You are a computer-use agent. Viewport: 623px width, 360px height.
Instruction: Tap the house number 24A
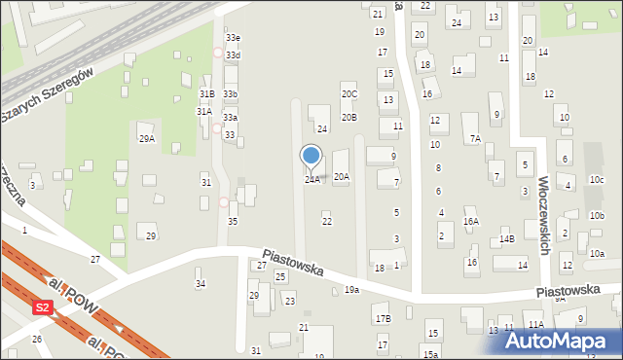pyautogui.click(x=311, y=180)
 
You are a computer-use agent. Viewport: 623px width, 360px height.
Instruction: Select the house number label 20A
pyautogui.click(x=341, y=177)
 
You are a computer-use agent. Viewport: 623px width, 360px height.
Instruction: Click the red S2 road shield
pyautogui.click(x=42, y=307)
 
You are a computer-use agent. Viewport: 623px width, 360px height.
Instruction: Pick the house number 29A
pyautogui.click(x=147, y=139)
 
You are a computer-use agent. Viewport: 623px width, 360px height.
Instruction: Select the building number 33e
pyautogui.click(x=233, y=37)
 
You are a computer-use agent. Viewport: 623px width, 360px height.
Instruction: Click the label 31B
pyautogui.click(x=206, y=93)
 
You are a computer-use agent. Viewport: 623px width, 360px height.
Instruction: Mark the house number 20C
pyautogui.click(x=348, y=94)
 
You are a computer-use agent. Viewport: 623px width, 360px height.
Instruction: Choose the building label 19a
pyautogui.click(x=351, y=290)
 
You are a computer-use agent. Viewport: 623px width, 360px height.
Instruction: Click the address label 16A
pyautogui.click(x=471, y=222)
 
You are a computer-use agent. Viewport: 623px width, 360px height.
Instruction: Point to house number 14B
pyautogui.click(x=506, y=239)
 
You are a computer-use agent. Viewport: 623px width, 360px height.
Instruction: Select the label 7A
pyautogui.click(x=474, y=139)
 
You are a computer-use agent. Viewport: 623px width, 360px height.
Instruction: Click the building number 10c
pyautogui.click(x=596, y=180)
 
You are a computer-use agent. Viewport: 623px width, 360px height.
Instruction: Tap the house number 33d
pyautogui.click(x=233, y=55)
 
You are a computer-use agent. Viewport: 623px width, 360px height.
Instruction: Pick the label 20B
pyautogui.click(x=348, y=118)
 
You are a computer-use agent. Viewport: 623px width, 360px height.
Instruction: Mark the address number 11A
pyautogui.click(x=535, y=325)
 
